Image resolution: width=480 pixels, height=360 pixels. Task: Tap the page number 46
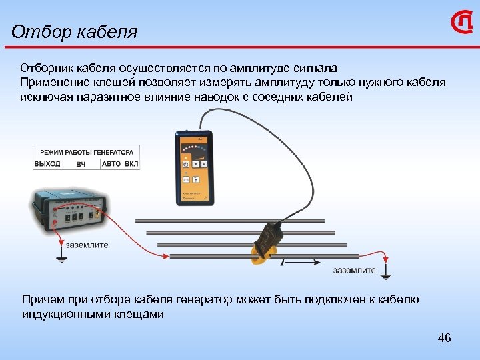444,338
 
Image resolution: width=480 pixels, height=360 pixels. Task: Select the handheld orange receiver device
193,167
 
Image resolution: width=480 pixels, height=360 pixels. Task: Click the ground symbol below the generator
61,257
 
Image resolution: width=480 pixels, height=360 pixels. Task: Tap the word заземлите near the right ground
354,270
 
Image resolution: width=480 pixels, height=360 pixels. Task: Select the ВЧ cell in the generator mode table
81,163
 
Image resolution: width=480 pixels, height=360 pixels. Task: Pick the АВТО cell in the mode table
111,163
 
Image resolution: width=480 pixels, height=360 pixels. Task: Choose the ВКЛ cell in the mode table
131,163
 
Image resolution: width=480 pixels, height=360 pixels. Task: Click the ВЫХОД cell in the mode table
47,163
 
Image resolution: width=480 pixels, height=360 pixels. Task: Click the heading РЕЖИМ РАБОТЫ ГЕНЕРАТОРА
86,151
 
